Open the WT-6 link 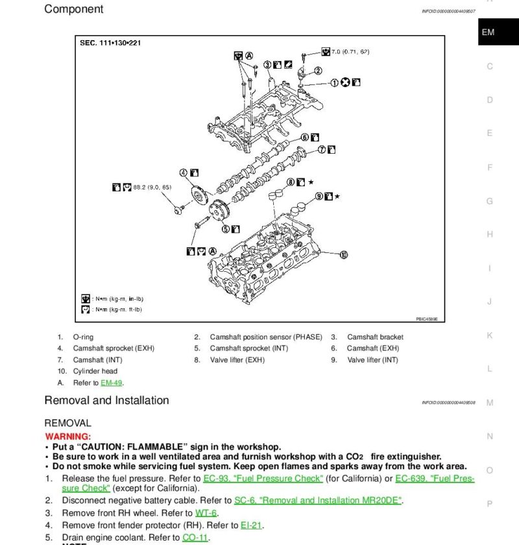[x=205, y=513]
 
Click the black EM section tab [x=488, y=32]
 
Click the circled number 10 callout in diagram [x=344, y=254]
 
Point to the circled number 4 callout [x=184, y=173]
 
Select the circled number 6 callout [x=304, y=138]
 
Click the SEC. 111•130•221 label [x=110, y=43]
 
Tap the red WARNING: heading [x=67, y=437]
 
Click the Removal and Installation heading [x=106, y=400]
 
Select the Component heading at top [x=73, y=9]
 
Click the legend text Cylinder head [x=95, y=371]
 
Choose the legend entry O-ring [x=83, y=337]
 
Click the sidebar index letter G [x=490, y=201]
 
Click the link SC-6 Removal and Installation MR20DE [x=319, y=500]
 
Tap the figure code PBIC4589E [x=427, y=319]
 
